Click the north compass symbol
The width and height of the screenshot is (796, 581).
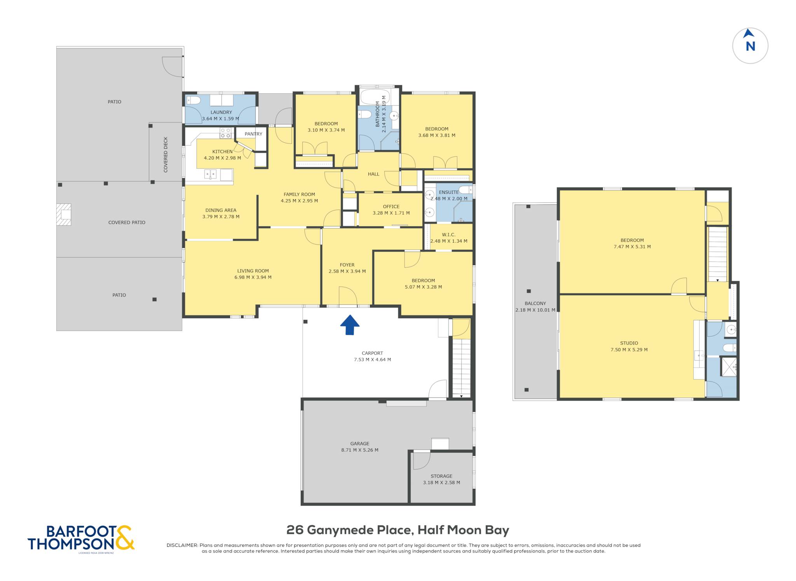(x=750, y=45)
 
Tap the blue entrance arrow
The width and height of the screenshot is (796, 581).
(x=350, y=325)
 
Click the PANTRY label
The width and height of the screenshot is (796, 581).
(x=253, y=134)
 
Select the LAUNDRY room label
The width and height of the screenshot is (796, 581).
(x=221, y=112)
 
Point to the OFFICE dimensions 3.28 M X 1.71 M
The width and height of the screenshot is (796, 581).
(x=391, y=213)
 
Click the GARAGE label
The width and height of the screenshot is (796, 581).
(x=360, y=444)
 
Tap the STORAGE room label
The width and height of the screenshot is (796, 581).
(x=442, y=476)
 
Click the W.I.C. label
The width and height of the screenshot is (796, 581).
(x=449, y=235)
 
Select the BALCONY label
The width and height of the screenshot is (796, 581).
(x=535, y=303)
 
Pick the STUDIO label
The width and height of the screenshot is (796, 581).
(x=629, y=343)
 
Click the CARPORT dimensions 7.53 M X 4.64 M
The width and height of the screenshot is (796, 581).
(x=372, y=360)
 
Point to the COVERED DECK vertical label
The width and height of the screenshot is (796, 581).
(x=166, y=154)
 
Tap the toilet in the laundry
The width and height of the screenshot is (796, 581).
(x=193, y=101)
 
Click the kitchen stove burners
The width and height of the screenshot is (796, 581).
(x=225, y=133)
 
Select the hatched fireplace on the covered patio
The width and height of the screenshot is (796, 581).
(x=64, y=215)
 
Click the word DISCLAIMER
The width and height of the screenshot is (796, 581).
(x=182, y=545)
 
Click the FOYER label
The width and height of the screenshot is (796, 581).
(x=347, y=265)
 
